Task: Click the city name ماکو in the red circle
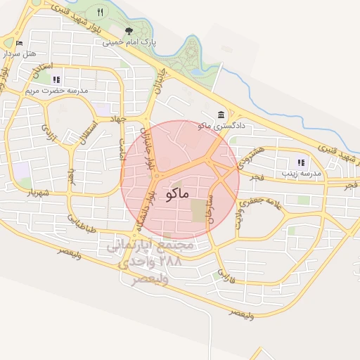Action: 179,195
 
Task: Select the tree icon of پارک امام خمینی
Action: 129,31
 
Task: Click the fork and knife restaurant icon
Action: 101,12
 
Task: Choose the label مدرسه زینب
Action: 301,172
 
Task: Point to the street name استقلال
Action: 82,132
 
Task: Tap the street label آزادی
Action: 49,131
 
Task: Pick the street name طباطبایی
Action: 82,224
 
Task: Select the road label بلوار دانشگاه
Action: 146,207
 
